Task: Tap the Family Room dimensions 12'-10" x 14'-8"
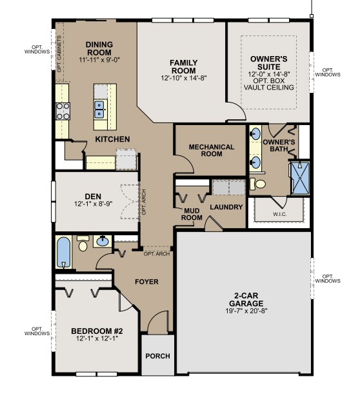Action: point(183,77)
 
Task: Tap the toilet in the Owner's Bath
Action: point(259,184)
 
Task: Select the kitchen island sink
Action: point(100,109)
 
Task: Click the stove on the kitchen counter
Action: point(63,111)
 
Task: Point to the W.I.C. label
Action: point(279,213)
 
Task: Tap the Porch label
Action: point(157,356)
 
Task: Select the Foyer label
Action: point(146,282)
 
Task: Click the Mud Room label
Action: point(191,214)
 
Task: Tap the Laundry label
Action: point(226,207)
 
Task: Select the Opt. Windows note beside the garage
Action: point(328,278)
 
